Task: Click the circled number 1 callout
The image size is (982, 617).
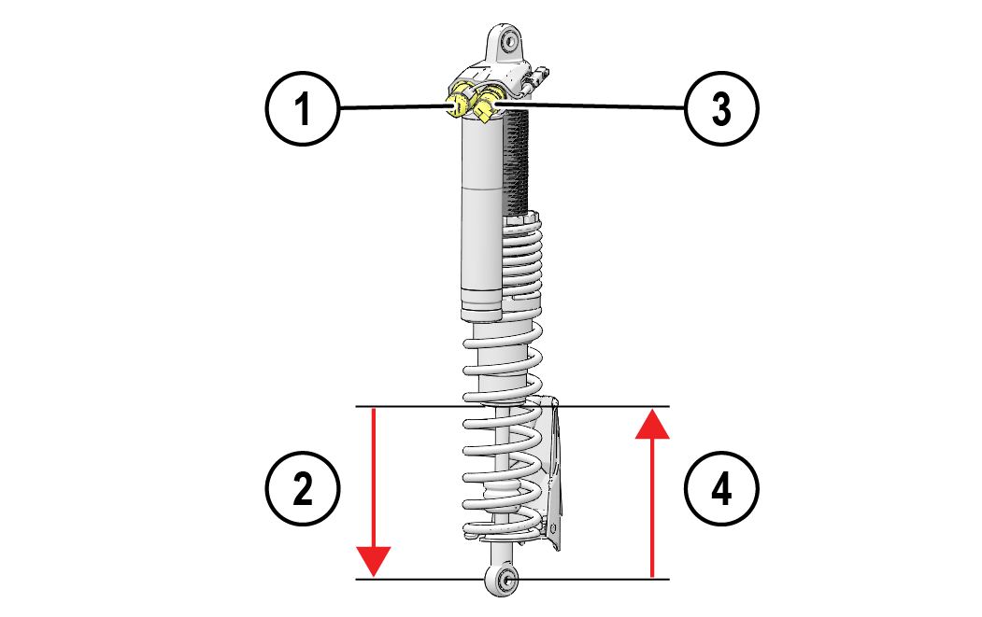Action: pos(302,110)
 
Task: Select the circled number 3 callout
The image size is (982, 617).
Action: pos(720,110)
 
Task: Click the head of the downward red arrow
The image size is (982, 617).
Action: pos(374,562)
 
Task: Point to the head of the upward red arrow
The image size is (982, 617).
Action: pos(653,424)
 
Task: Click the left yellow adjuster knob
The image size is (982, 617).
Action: pos(459,105)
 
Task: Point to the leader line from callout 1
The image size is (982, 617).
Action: pos(392,109)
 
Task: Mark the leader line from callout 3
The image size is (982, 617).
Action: pos(598,108)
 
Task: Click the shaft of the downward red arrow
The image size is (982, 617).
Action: pos(374,476)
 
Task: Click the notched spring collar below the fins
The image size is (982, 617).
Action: pos(521,222)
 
